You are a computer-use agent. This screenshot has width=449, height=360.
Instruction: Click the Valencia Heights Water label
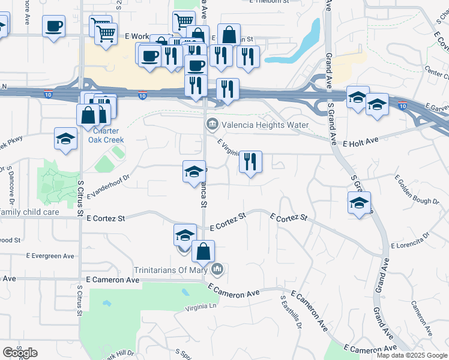click(265, 125)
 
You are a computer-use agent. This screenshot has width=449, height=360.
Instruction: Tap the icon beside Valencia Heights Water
click(212, 125)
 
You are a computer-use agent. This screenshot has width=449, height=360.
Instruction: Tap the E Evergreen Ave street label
click(50, 256)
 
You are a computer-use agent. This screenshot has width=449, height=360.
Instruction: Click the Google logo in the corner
click(20, 353)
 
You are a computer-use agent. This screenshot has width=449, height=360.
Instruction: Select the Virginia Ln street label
click(200, 307)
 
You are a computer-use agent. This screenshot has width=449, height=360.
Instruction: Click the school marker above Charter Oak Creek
click(66, 139)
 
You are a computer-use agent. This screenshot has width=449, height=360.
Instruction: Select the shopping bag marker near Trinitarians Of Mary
click(203, 252)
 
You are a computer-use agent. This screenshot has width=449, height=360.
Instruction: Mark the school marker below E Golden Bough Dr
click(359, 203)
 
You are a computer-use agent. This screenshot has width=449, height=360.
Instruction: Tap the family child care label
click(29, 212)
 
